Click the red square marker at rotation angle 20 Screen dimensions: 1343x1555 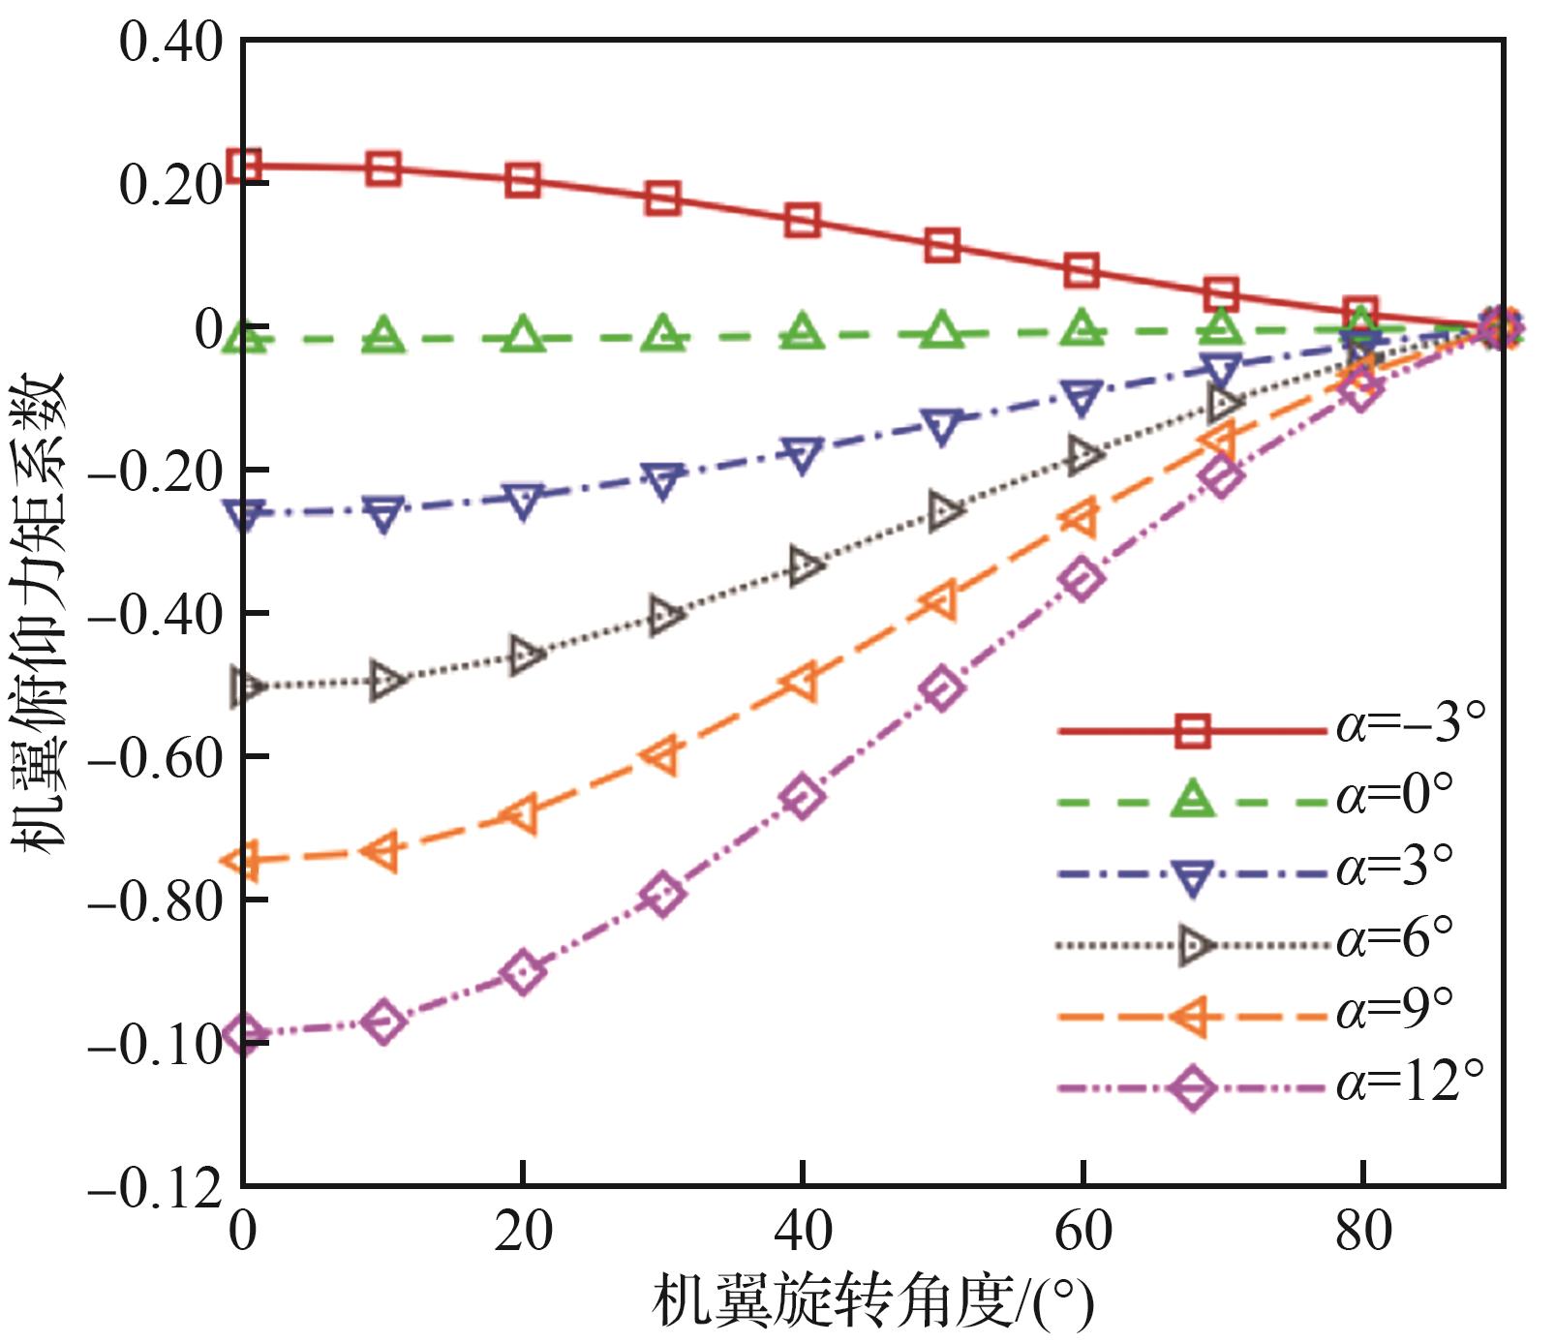click(x=523, y=180)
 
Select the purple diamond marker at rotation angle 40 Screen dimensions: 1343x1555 click(x=803, y=797)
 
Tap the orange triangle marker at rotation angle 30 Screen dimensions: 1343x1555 click(x=662, y=754)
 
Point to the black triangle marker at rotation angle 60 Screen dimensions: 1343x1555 click(x=1083, y=454)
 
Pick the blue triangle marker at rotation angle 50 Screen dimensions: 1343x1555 click(x=942, y=424)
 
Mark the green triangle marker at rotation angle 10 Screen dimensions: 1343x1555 click(x=384, y=335)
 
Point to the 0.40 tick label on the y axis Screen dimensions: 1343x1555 click(x=170, y=44)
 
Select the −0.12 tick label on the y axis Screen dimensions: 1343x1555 click(x=155, y=1189)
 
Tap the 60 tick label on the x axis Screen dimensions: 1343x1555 click(x=1082, y=1233)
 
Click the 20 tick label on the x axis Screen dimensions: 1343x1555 click(x=523, y=1233)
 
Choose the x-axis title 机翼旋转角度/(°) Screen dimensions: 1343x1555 click(x=871, y=1302)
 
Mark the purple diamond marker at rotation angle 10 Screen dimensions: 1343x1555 click(x=384, y=1023)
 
